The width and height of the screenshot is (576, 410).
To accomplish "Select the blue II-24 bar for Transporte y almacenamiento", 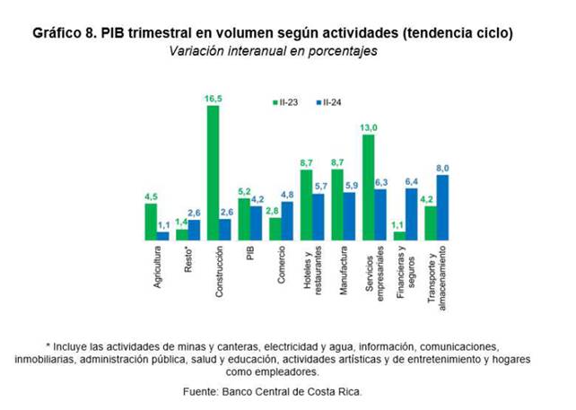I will [x=442, y=207].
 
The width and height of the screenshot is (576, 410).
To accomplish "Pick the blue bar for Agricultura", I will [x=163, y=236].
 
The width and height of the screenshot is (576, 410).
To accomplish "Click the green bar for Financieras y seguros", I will [x=399, y=236].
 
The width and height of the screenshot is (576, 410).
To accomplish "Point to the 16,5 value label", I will [x=214, y=97].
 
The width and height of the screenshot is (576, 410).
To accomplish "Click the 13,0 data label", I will [x=368, y=126].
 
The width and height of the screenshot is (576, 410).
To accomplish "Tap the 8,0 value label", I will [x=441, y=168].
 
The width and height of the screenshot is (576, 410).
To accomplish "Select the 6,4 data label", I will [x=411, y=180].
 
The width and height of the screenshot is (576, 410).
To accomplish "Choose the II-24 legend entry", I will [x=331, y=103].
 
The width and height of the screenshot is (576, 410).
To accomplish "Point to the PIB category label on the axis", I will [x=250, y=254].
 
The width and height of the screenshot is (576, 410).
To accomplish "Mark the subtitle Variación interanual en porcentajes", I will [x=274, y=51].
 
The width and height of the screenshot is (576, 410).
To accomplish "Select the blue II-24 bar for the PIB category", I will [x=256, y=223].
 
